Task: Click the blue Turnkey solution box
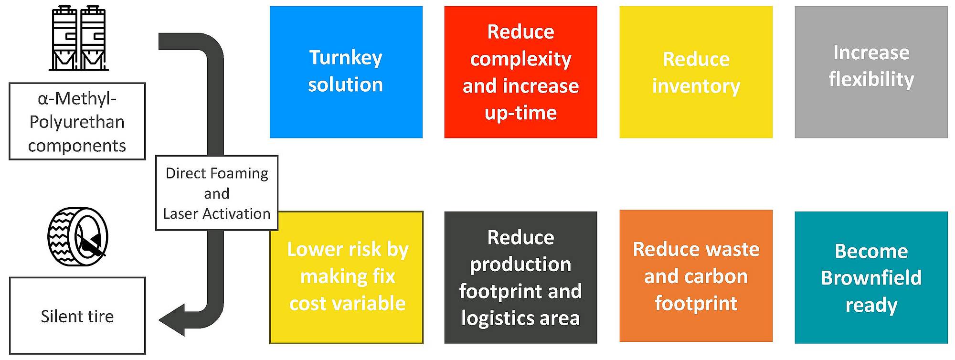coord(346,72)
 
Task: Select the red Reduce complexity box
coord(520,72)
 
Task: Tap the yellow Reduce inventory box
coord(696,72)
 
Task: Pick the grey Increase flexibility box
coord(871,72)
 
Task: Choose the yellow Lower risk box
coord(346,277)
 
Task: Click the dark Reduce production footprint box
coord(520,277)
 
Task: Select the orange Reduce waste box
coord(696,276)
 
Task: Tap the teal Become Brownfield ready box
coord(871,277)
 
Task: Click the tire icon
coord(78,237)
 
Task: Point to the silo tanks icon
coord(79,38)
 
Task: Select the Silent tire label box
coord(77,316)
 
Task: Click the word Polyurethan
coord(77,122)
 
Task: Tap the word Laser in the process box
coord(180,213)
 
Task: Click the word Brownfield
coord(871,278)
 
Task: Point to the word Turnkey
coord(346,58)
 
